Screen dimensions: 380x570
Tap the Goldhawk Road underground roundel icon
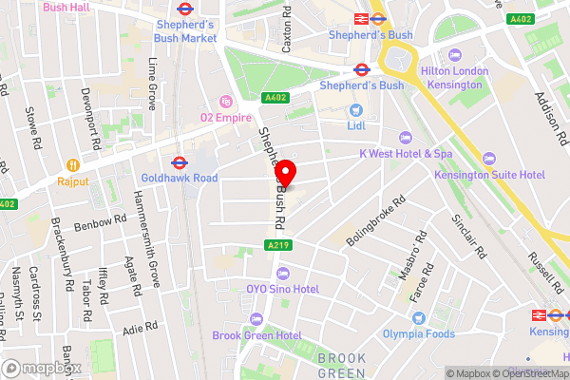[x=179, y=161]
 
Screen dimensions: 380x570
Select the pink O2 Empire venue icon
[x=225, y=101]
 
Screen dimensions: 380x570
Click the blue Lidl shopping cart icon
[x=356, y=110]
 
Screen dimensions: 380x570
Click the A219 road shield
[x=275, y=245]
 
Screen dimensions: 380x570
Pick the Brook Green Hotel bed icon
[x=255, y=318]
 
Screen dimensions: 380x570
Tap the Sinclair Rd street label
[x=470, y=237]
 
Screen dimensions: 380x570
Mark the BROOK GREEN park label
[x=341, y=365]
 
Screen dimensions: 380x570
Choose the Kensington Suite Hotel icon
[x=488, y=158]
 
